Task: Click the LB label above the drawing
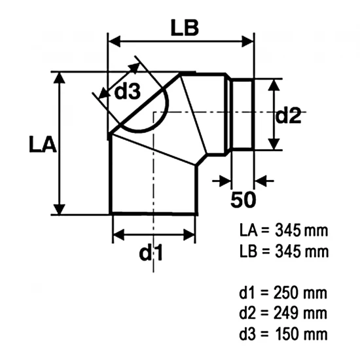(185, 28)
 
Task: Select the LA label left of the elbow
(43, 145)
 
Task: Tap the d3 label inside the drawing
(127, 91)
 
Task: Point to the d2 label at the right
(288, 115)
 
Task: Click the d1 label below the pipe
(151, 252)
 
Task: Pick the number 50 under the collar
(243, 200)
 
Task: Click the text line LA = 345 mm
(284, 230)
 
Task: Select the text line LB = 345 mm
(284, 251)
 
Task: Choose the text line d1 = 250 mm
(283, 293)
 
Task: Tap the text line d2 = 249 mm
(283, 313)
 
